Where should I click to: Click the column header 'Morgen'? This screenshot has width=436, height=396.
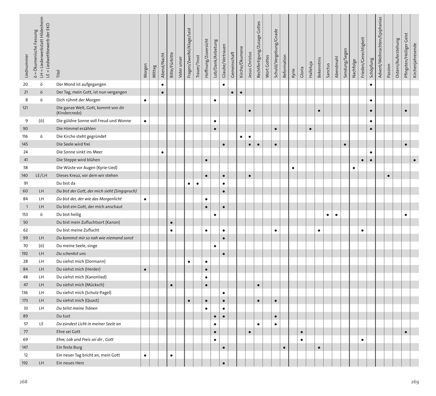click(x=145, y=70)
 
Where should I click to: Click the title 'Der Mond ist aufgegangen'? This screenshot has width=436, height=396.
click(x=81, y=84)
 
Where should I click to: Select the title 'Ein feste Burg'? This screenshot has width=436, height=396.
click(x=68, y=347)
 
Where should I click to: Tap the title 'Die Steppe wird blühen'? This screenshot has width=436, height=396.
click(x=78, y=160)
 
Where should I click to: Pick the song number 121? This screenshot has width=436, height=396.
click(x=25, y=108)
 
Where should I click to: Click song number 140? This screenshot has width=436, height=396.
click(x=25, y=175)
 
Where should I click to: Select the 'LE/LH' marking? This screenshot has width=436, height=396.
click(x=41, y=175)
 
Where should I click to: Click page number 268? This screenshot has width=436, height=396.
click(x=24, y=382)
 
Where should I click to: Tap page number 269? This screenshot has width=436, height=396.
click(x=415, y=382)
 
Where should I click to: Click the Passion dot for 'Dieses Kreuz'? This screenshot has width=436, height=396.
click(x=389, y=176)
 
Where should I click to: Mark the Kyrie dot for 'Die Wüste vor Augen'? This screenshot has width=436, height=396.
click(x=293, y=168)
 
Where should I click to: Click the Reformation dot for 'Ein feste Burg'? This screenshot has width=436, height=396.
click(x=284, y=348)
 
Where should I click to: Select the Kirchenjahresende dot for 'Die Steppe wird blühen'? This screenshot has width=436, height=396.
click(x=415, y=160)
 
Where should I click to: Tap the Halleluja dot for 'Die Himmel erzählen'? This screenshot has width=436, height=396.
click(x=311, y=129)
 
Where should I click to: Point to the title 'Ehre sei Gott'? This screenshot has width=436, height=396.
click(x=68, y=332)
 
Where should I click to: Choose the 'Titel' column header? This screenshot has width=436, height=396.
click(x=58, y=74)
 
